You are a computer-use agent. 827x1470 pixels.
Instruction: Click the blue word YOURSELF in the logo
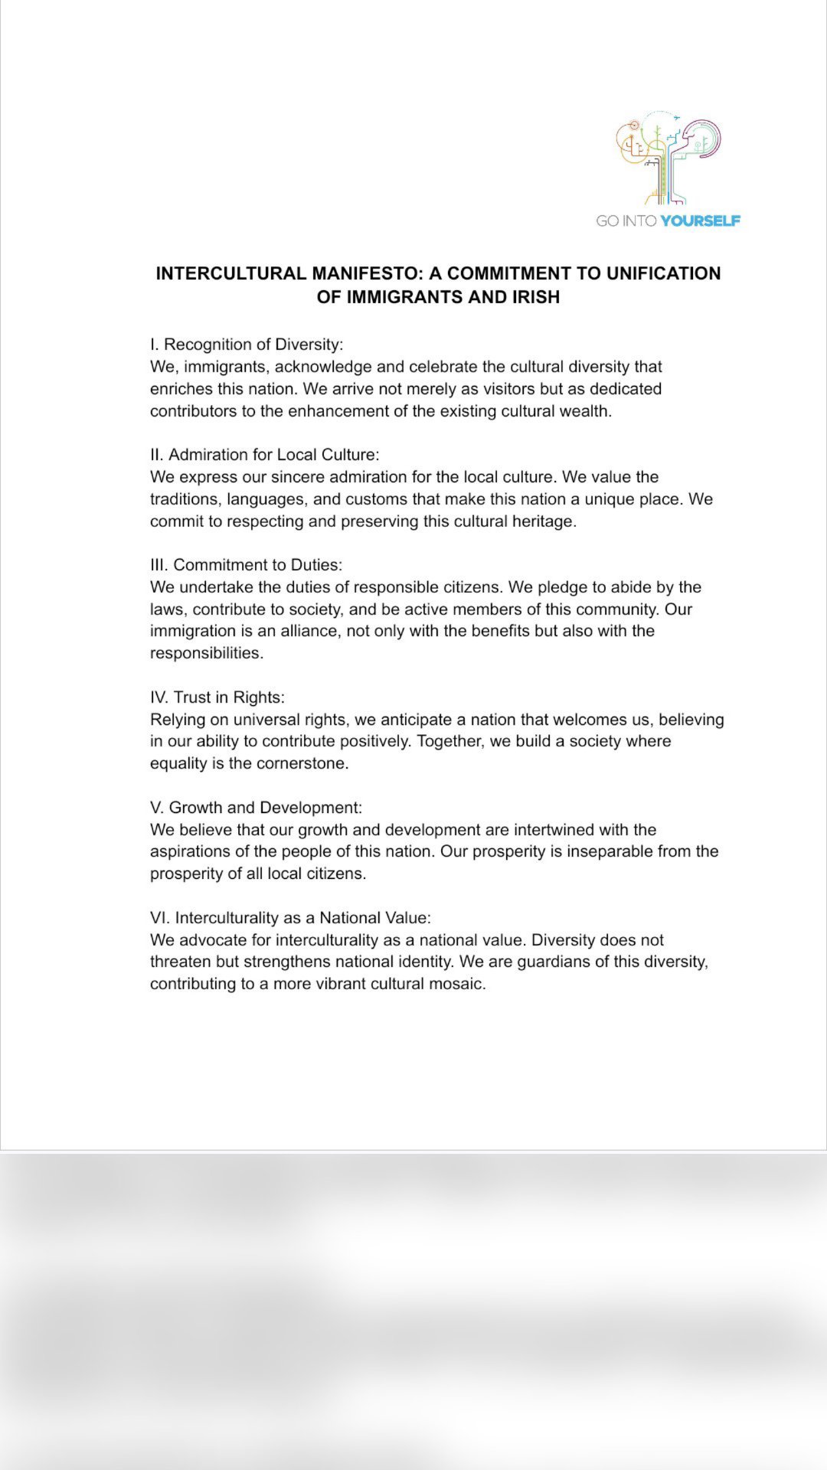click(x=700, y=221)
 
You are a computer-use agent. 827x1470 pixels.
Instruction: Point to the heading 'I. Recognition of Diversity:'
click(x=247, y=345)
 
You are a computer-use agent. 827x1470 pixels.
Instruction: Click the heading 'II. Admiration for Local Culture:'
click(x=264, y=455)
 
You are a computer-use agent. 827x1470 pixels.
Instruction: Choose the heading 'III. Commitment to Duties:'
click(x=246, y=565)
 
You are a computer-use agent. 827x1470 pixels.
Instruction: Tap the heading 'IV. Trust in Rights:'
click(x=217, y=697)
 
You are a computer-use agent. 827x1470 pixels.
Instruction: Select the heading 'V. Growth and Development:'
click(x=256, y=808)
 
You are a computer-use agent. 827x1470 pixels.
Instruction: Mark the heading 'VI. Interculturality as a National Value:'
click(x=290, y=918)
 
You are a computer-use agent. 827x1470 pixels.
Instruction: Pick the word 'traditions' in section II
click(x=185, y=499)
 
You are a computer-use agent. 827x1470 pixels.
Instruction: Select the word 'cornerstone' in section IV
click(x=303, y=763)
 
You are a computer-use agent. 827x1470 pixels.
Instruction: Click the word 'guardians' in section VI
click(x=552, y=962)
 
